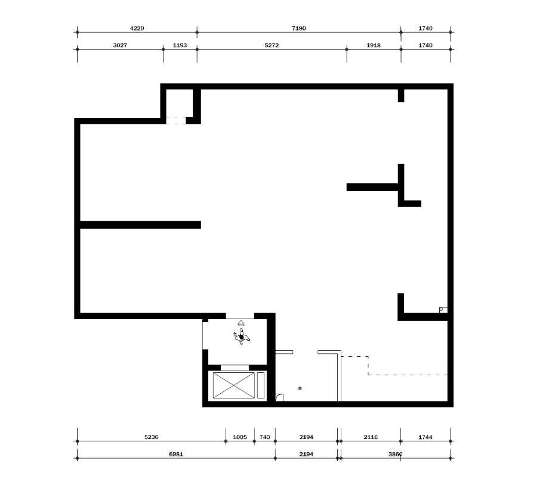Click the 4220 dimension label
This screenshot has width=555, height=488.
point(137,28)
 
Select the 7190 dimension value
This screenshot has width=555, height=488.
point(299,28)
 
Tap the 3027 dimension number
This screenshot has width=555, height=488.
point(120,45)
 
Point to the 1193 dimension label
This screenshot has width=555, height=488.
point(180,45)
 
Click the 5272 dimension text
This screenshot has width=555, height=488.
point(272,45)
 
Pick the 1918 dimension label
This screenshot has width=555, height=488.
point(374,45)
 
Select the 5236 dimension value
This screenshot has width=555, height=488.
point(151,437)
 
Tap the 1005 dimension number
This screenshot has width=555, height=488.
point(240,437)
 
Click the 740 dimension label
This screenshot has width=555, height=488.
point(264,437)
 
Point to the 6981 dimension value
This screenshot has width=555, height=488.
point(176,454)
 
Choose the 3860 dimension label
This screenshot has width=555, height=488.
point(396,454)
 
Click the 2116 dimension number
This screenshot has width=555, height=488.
point(371,437)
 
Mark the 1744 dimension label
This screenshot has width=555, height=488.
point(425,437)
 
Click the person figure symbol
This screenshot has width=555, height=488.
point(242,336)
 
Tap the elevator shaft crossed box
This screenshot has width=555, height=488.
point(233,385)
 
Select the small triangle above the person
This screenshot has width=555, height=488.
point(241,322)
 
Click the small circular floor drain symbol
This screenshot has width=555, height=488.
point(300,388)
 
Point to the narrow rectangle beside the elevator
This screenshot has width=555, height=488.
point(261,385)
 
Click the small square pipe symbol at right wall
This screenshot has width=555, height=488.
point(443,310)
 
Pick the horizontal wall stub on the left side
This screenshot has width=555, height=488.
point(140,225)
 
